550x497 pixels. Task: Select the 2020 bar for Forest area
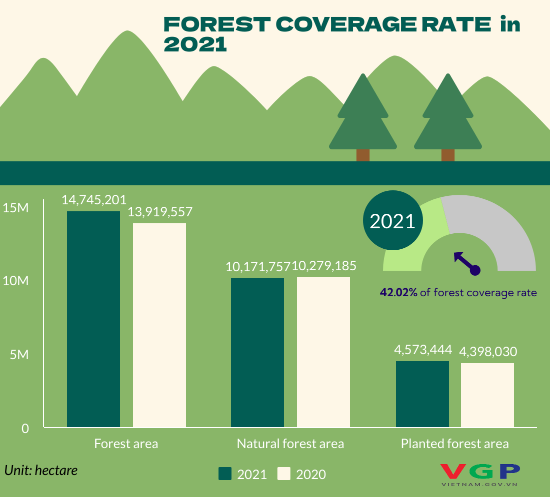pos(159,325)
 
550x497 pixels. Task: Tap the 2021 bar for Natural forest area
pos(257,352)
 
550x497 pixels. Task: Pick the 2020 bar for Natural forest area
pos(323,352)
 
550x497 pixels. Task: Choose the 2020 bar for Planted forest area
pos(487,395)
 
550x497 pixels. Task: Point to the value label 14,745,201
pos(94,200)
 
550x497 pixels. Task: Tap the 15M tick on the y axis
pos(15,208)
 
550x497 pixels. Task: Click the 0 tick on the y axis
pos(24,428)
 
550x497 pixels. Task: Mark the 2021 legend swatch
pos(225,474)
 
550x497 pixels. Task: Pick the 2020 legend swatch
pos(284,474)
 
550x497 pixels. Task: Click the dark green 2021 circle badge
pos(392,221)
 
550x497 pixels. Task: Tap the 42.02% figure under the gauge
pos(398,293)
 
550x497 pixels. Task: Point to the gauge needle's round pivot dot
pos(475,270)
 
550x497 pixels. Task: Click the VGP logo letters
pos(480,471)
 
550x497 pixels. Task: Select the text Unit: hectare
pos(41,470)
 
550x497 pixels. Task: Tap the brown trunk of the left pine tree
pos(363,155)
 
